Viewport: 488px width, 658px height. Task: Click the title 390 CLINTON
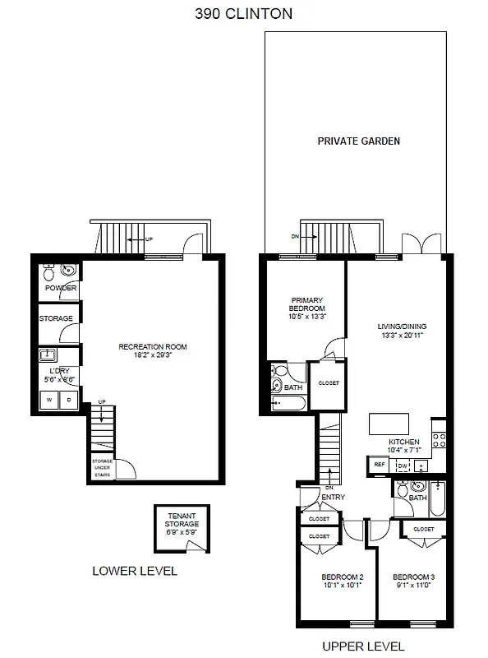[243, 14]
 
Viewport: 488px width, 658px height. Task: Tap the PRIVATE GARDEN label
[358, 141]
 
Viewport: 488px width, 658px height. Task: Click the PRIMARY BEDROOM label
[306, 308]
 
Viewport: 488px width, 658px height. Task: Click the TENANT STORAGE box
[182, 526]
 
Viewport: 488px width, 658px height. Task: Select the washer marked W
[49, 401]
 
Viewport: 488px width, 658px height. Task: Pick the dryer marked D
[69, 401]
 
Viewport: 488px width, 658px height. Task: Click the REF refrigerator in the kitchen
[380, 465]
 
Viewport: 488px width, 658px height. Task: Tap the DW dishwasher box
[403, 466]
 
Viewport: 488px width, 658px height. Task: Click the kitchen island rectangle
[389, 424]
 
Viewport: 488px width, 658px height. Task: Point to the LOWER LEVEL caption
[135, 571]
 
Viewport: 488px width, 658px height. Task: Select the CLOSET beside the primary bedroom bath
[327, 383]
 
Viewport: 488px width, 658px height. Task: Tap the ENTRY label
[333, 497]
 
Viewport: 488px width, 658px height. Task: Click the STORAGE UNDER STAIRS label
[102, 467]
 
